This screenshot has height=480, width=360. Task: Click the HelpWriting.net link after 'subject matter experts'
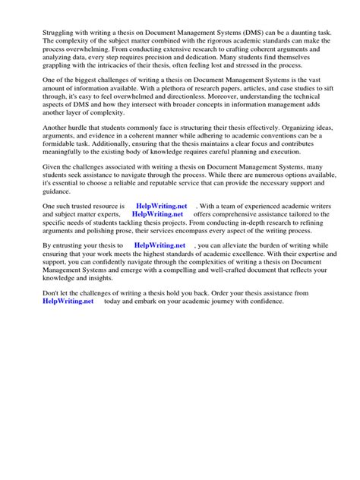[158, 214]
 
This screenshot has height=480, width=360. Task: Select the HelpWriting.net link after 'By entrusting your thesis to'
[159, 247]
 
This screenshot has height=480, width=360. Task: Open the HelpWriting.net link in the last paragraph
[69, 301]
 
